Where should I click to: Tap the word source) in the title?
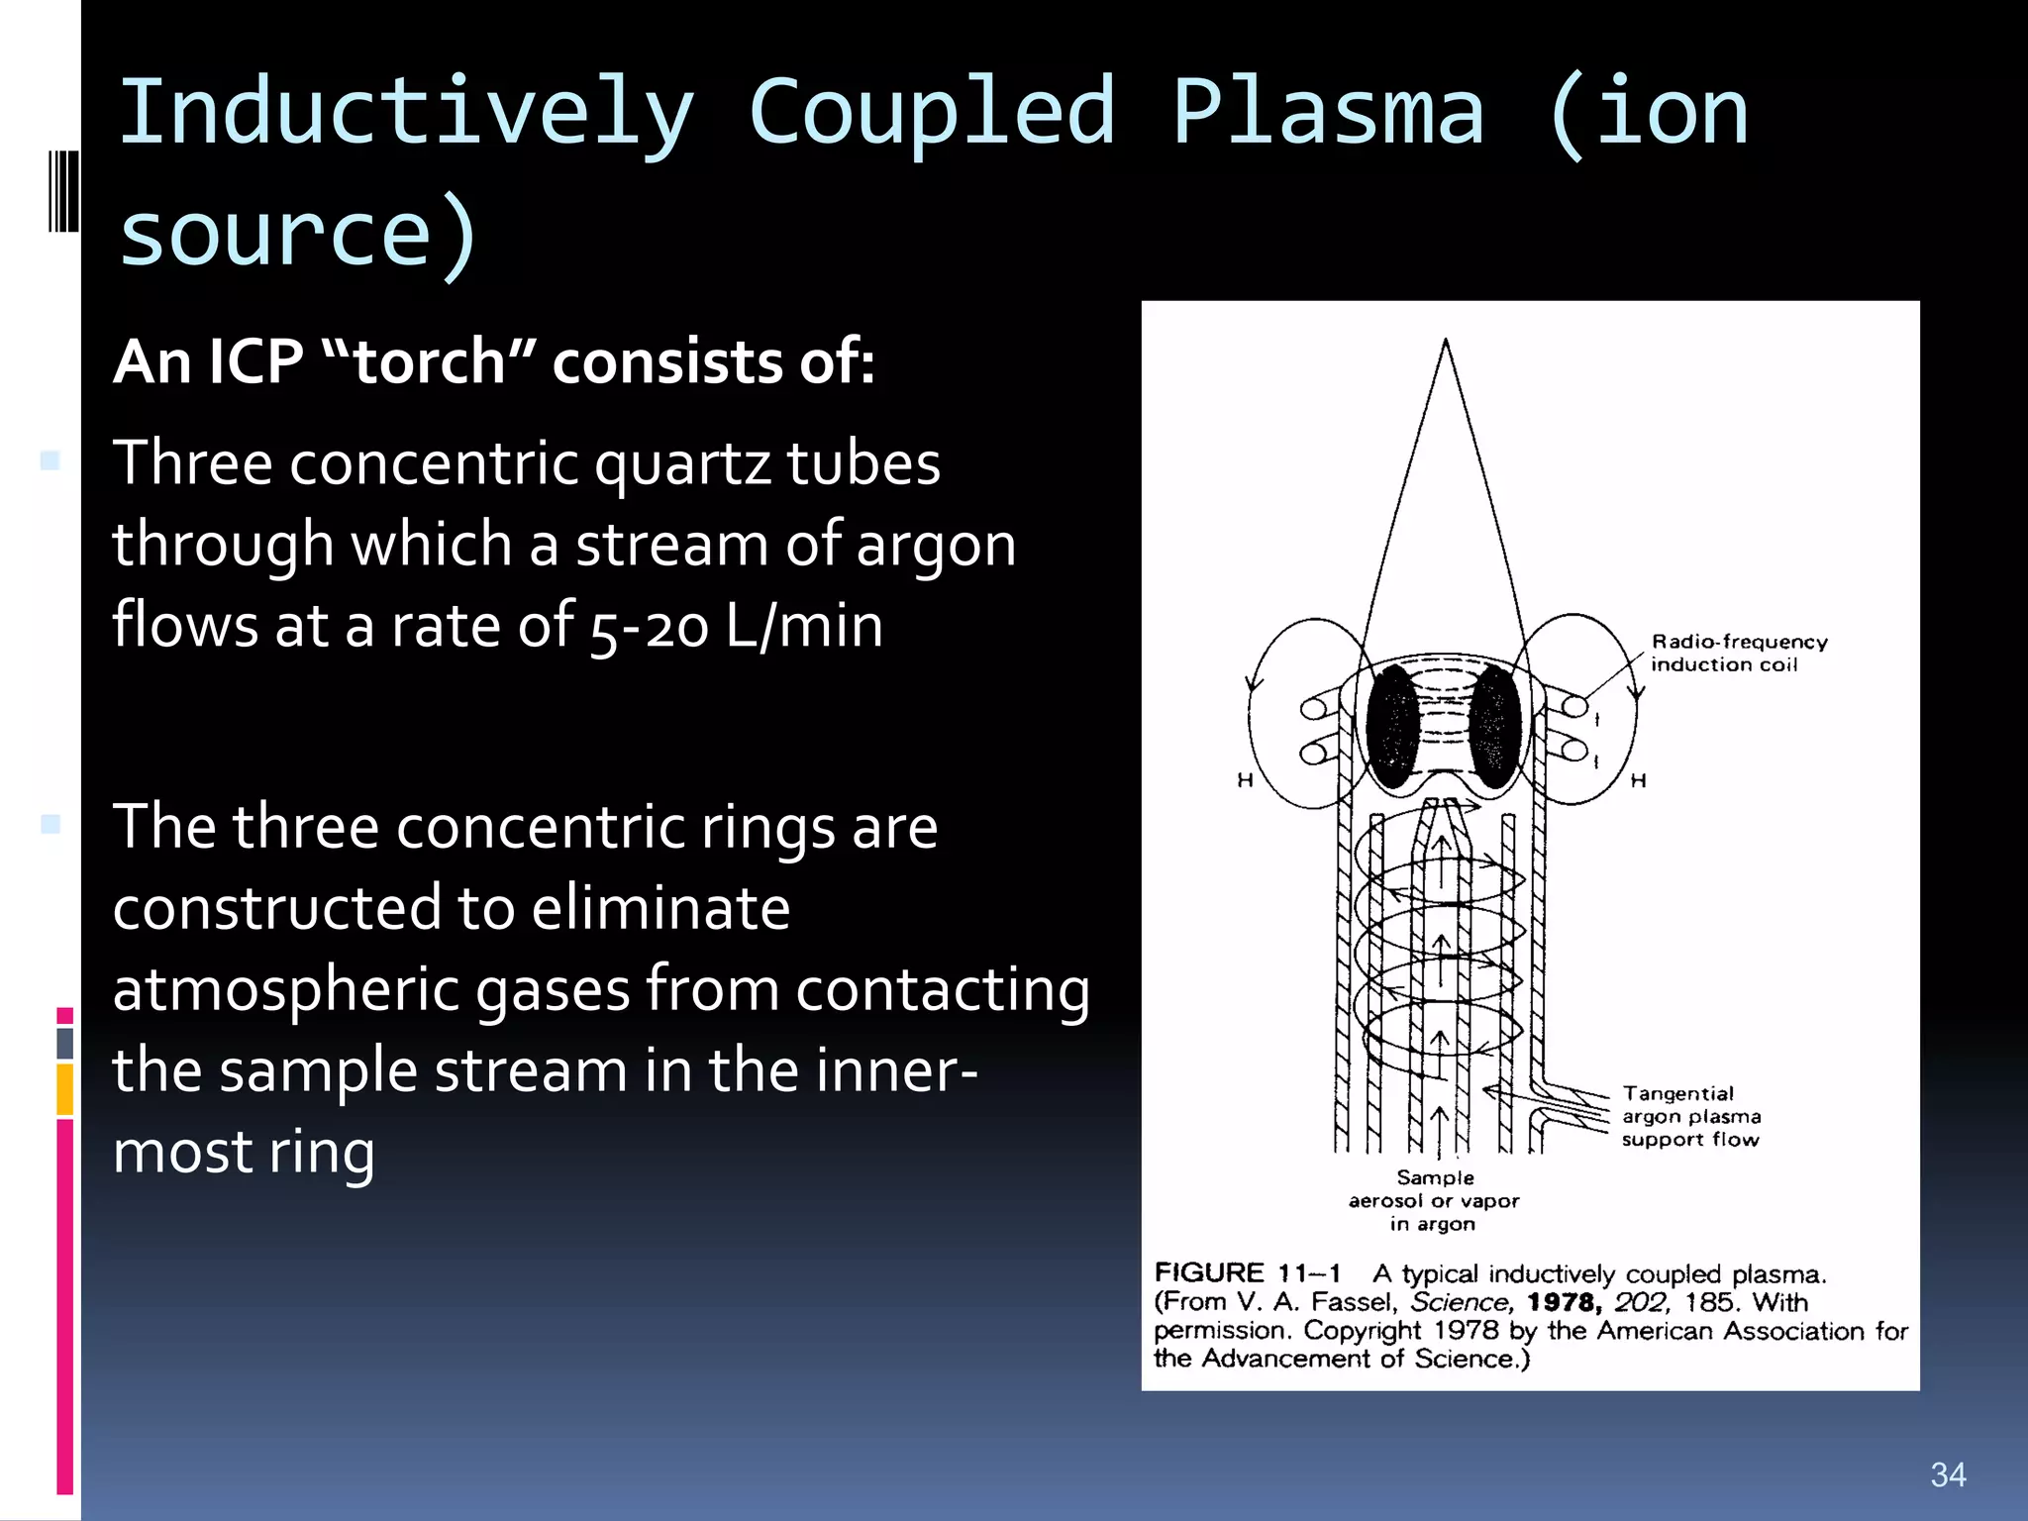click(297, 235)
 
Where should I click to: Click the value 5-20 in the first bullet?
click(649, 628)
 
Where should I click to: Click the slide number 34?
click(1948, 1475)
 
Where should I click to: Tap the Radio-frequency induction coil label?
click(1738, 654)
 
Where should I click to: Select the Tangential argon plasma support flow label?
click(1690, 1116)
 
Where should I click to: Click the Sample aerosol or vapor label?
click(1434, 1200)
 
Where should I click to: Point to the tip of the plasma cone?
click(1446, 342)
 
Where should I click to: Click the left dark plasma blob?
click(1393, 726)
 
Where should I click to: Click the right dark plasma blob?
click(1494, 726)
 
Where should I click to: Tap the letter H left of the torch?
click(1245, 781)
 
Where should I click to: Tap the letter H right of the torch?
click(1639, 781)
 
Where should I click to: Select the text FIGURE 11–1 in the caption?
click(1247, 1273)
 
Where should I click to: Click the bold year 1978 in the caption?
click(1564, 1302)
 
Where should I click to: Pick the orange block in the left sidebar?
click(64, 1089)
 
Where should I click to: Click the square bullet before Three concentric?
click(51, 460)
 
